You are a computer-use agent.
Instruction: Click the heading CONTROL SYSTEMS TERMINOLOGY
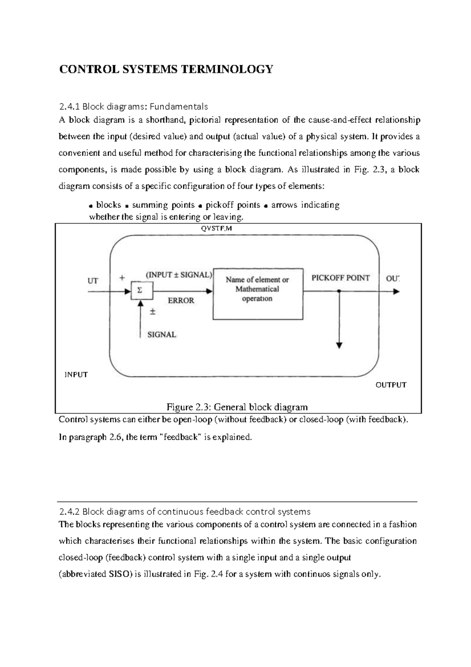(165, 70)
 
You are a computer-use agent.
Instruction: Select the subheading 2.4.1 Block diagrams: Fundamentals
(133, 106)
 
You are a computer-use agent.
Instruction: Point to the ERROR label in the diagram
(181, 301)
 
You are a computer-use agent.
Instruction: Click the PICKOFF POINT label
(340, 278)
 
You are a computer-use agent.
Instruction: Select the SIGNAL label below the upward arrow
(161, 335)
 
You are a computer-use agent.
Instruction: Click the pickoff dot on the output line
(339, 291)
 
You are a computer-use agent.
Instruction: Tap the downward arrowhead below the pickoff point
(339, 345)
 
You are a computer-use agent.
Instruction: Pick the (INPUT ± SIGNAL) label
(179, 275)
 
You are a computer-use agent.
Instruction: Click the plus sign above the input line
(122, 277)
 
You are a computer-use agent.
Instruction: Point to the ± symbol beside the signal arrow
(153, 312)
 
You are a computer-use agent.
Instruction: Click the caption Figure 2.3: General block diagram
(237, 407)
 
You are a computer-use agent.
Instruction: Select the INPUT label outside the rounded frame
(76, 374)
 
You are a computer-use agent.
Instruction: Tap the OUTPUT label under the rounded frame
(391, 385)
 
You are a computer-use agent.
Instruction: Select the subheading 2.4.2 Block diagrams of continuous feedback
(184, 511)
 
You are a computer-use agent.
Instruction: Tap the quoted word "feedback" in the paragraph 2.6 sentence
(181, 437)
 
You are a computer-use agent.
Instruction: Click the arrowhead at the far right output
(396, 291)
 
